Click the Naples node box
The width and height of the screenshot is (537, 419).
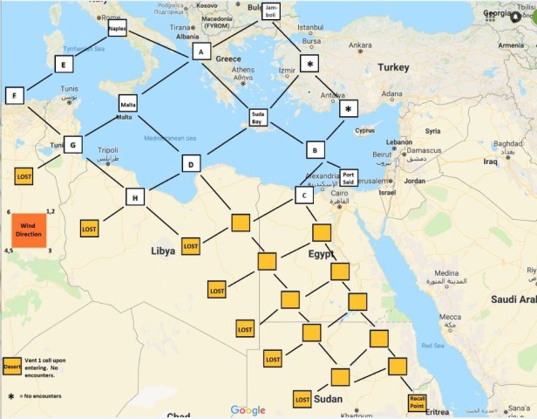pos(118,29)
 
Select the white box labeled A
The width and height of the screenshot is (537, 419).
pos(201,52)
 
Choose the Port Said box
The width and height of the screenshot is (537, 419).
pos(348,177)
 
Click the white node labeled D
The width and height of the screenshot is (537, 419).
pos(192,163)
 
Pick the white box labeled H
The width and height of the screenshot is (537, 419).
pos(135,197)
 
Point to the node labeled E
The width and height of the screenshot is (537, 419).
pos(63,65)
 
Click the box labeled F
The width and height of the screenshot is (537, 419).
pos(15,94)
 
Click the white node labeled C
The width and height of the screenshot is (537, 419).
pos(302,196)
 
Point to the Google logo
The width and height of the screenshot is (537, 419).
pos(249,410)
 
